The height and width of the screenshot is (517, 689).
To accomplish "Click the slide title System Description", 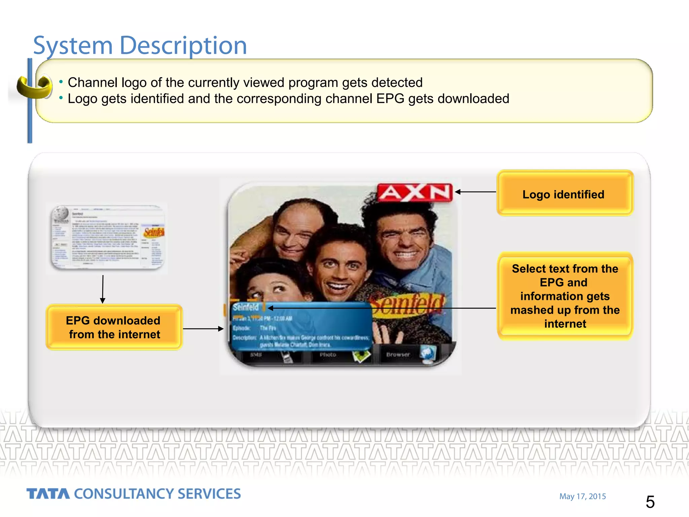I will (x=140, y=45).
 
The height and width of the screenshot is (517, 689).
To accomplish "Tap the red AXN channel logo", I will (x=415, y=193).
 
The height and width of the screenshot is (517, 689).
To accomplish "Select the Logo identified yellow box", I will (x=565, y=193).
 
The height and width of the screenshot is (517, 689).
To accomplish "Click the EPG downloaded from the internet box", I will (x=114, y=327).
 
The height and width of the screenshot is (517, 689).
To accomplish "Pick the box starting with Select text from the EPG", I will (x=565, y=296).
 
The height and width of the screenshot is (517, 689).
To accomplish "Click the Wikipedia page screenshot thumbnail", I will (x=108, y=238).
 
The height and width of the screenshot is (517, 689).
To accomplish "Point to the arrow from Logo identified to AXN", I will (x=475, y=192).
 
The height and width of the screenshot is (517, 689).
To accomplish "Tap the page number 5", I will (x=650, y=502).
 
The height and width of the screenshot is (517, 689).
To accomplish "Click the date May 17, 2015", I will (x=582, y=496).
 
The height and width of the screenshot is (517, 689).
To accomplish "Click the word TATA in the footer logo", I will (x=48, y=494).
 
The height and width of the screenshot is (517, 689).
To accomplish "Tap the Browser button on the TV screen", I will (x=398, y=354).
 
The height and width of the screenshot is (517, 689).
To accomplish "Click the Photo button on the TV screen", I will (x=328, y=355).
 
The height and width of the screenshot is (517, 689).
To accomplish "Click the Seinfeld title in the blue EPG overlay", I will (x=246, y=307).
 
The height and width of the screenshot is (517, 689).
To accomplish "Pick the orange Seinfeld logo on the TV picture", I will (x=409, y=304).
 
